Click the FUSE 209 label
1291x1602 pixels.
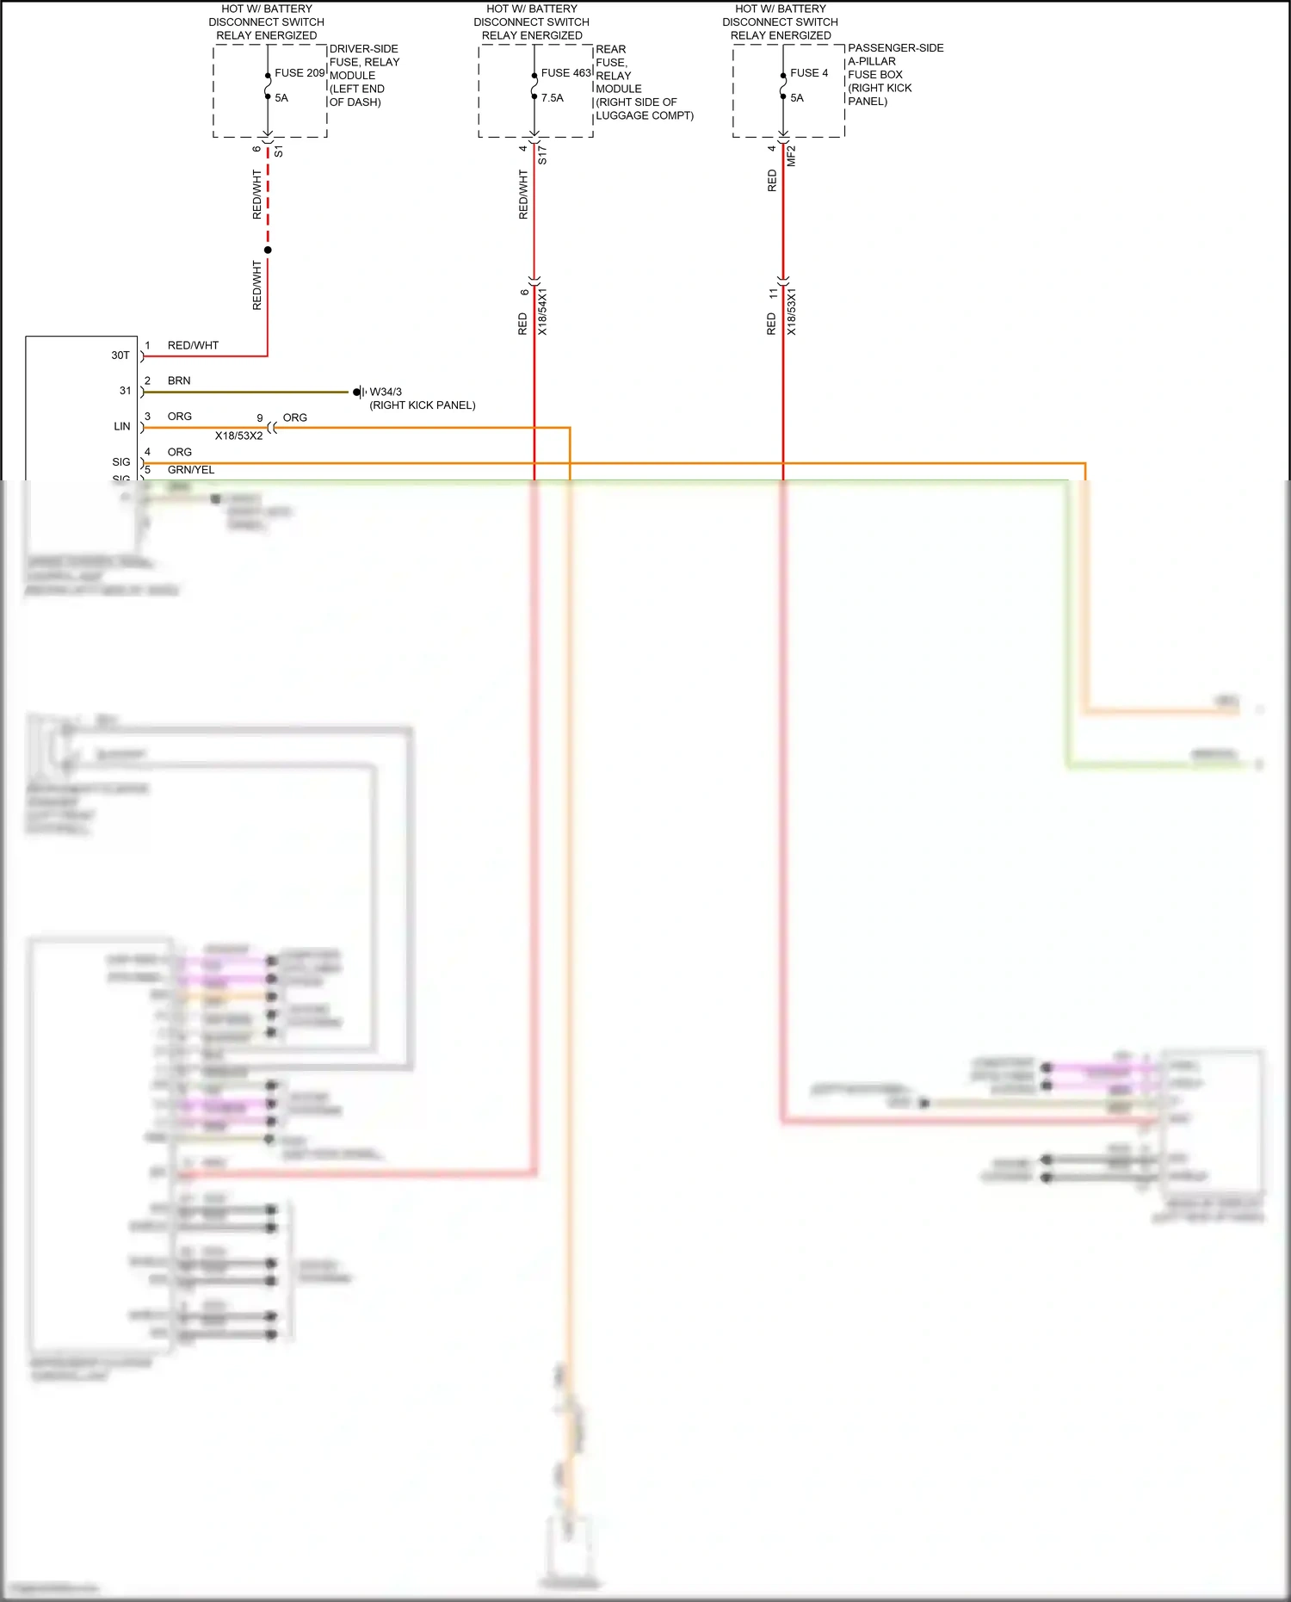coord(300,73)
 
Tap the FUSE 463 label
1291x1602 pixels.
coord(565,73)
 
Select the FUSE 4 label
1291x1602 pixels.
coord(809,73)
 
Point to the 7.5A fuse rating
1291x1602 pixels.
coord(553,98)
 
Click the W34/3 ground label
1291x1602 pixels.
coord(386,392)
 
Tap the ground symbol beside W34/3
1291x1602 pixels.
coord(360,393)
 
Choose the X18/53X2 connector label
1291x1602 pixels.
coord(238,436)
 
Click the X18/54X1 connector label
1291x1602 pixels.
coord(542,312)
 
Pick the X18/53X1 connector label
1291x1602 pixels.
coord(792,312)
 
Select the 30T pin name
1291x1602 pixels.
coord(120,356)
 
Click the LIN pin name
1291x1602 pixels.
coord(122,427)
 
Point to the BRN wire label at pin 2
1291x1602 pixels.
coord(179,380)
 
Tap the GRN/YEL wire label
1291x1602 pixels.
coord(191,470)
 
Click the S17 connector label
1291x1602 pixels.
coord(542,156)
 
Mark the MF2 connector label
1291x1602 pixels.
coord(792,156)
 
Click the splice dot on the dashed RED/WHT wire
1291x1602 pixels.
coord(268,251)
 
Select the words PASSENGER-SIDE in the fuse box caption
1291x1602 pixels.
coord(895,48)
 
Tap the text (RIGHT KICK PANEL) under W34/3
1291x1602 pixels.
coord(423,405)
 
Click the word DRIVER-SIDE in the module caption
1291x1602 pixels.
coord(363,49)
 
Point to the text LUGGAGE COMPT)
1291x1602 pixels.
coord(645,115)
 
